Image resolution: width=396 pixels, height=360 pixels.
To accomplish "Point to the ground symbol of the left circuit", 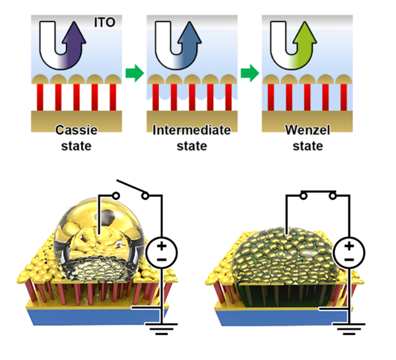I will coord(158,326).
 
